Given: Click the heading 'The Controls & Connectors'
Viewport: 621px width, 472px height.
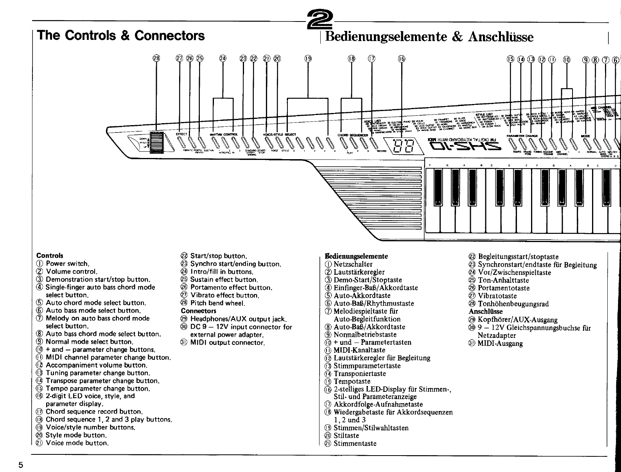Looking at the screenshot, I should coord(120,36).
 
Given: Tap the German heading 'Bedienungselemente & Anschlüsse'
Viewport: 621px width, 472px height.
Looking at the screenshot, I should coord(429,37).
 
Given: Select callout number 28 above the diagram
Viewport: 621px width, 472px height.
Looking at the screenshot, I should coord(156,59).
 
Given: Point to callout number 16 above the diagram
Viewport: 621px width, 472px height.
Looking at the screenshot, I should coord(401,59).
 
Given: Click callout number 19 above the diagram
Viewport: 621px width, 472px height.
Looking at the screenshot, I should coord(308,59).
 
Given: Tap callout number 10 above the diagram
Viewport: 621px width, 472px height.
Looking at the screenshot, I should coord(567,59).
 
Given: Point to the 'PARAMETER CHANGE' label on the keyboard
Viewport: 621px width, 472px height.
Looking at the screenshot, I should coord(522,136).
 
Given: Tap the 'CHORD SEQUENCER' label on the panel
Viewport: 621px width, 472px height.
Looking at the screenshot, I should coord(353,135).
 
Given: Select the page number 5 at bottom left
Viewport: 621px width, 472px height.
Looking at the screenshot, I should coord(21,465).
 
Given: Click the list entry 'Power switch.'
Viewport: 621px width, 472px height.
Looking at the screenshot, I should coord(68,264).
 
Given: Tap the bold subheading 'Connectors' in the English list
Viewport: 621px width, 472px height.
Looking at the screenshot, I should coord(199,311).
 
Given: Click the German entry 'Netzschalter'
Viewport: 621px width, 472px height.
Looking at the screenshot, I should coord(353,264).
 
